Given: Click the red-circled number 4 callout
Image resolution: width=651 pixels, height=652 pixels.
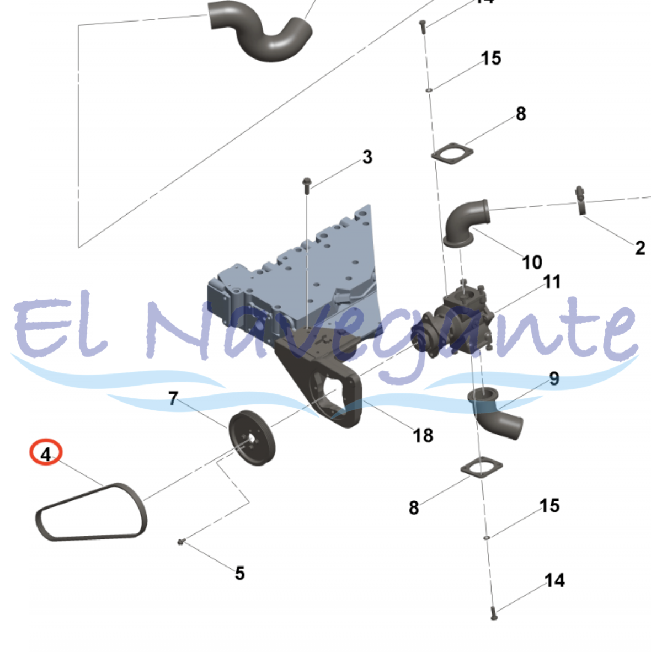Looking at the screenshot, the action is [x=46, y=452].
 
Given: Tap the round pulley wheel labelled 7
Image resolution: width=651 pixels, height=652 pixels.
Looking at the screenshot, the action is [x=252, y=438].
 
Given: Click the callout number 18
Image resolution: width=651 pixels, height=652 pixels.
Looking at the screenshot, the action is [x=423, y=435].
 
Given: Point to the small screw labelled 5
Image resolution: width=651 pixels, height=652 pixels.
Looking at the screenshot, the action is [x=180, y=542].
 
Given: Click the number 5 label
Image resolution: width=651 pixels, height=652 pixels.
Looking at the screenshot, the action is [x=239, y=573].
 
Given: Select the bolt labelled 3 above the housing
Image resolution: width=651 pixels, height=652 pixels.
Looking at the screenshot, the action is [x=307, y=185].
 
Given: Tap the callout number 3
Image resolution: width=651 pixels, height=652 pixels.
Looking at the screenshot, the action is [x=367, y=157].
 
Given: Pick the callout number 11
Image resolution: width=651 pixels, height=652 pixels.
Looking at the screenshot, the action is [x=552, y=282].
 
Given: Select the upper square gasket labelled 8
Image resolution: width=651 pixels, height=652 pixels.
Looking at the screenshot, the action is [x=452, y=153].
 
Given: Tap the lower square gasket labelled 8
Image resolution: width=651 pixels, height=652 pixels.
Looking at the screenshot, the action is [x=481, y=467].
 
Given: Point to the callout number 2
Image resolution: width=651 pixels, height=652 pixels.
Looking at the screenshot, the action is [x=640, y=248].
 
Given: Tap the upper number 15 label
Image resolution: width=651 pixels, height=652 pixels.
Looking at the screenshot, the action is [x=491, y=58].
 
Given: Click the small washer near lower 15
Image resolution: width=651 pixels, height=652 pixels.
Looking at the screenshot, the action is [x=486, y=538].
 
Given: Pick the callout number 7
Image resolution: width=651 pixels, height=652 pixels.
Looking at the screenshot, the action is [x=173, y=398].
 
